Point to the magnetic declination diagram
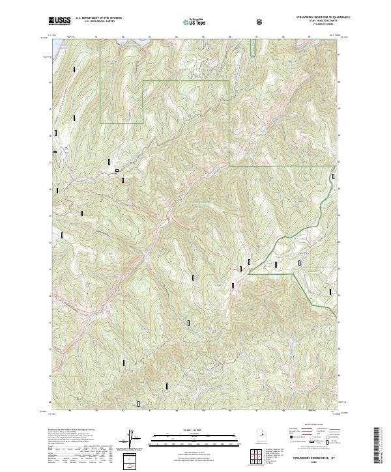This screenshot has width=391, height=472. point(136,439)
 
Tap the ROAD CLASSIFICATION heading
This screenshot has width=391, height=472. point(311,423)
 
